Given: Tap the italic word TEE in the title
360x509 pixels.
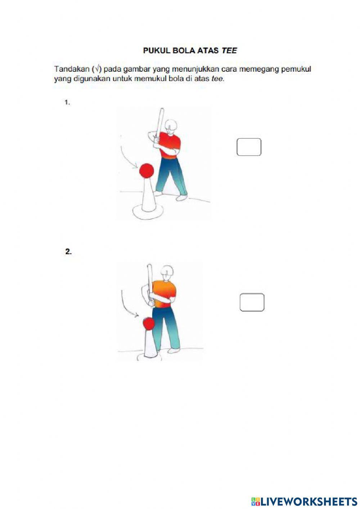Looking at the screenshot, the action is [x=229, y=50].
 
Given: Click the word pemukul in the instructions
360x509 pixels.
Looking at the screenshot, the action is [x=296, y=69].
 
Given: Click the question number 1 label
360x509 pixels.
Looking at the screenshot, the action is [x=67, y=103].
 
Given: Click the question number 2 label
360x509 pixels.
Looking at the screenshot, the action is [x=68, y=252].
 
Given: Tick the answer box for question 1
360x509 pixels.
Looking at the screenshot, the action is [x=249, y=147].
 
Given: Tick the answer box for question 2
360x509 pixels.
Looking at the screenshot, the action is [x=252, y=302].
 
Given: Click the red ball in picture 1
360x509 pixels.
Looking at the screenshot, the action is [x=147, y=171].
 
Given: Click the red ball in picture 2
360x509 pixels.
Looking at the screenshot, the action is [x=149, y=323].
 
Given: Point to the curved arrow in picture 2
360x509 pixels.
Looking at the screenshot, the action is [x=126, y=305].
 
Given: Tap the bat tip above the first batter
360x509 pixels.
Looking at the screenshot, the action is [x=162, y=110].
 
